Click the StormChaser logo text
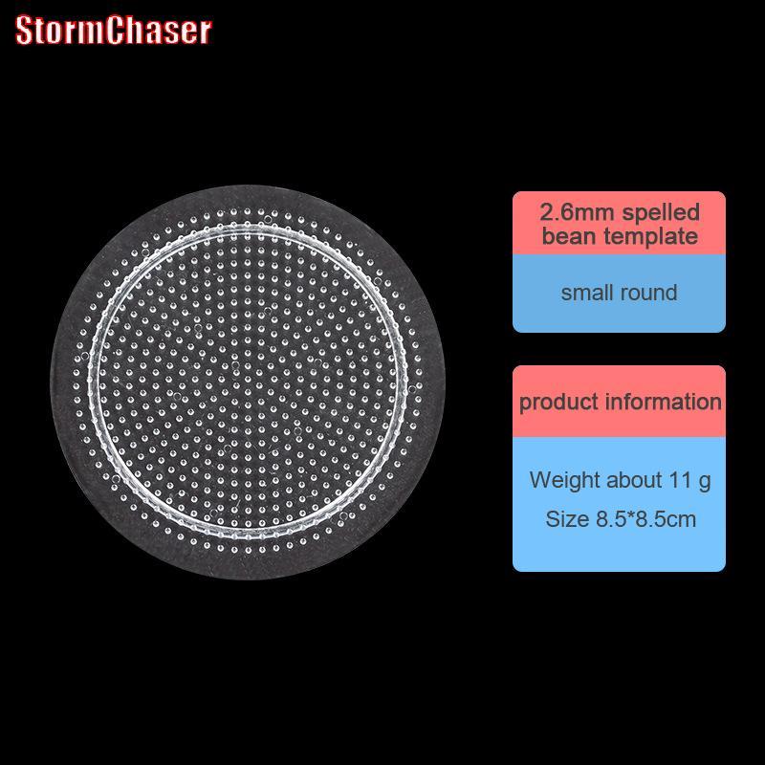coord(113,31)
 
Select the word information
coord(663,402)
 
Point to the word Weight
coord(564,480)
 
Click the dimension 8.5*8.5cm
coord(645,518)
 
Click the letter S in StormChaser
coord(23,31)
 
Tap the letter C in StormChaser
coord(116,31)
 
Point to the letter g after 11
coord(704,482)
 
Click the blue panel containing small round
coord(619,294)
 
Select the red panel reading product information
coord(619,401)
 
